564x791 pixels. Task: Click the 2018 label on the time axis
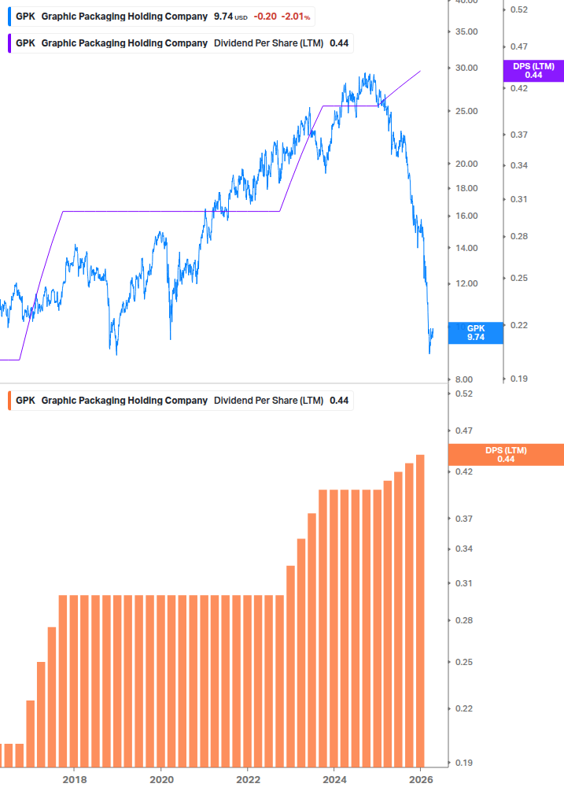coord(74,779)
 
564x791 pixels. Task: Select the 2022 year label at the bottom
coord(248,779)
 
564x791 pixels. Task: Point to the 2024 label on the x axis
coord(334,779)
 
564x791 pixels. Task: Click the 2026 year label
coord(421,779)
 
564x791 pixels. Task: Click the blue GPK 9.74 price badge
coord(476,333)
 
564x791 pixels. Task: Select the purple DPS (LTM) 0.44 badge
coord(533,71)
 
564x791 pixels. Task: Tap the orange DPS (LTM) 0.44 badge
coord(506,455)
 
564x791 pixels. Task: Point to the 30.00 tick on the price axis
coord(468,68)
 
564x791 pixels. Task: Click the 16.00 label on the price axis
coord(468,216)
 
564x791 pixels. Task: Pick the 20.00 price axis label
coord(468,164)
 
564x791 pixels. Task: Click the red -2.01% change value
coord(297,17)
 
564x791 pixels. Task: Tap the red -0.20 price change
coord(265,17)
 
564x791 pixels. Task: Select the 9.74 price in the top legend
coord(223,17)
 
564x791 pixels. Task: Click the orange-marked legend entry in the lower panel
coord(181,401)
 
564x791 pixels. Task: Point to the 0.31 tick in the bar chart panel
coord(463,583)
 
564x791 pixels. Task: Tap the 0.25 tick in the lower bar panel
coord(463,662)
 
